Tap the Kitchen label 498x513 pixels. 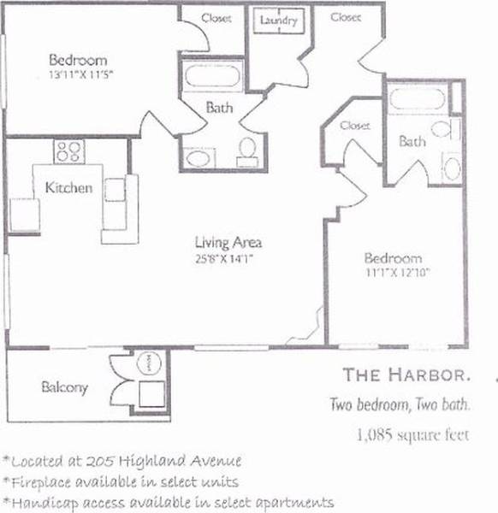click(x=68, y=188)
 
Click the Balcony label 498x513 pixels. click(x=64, y=387)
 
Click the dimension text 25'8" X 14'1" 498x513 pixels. click(x=226, y=256)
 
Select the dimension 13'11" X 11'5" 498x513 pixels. click(x=80, y=74)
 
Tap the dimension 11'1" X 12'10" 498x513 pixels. click(x=393, y=273)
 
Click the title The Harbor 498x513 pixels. click(x=406, y=374)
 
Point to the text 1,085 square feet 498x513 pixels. click(x=413, y=434)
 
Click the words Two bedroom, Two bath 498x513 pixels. click(x=401, y=404)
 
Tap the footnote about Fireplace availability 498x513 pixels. click(x=121, y=482)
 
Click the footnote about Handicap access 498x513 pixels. click(x=168, y=502)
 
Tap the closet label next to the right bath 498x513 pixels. click(x=354, y=126)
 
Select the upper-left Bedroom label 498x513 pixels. click(x=78, y=60)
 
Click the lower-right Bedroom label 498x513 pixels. click(x=393, y=258)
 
